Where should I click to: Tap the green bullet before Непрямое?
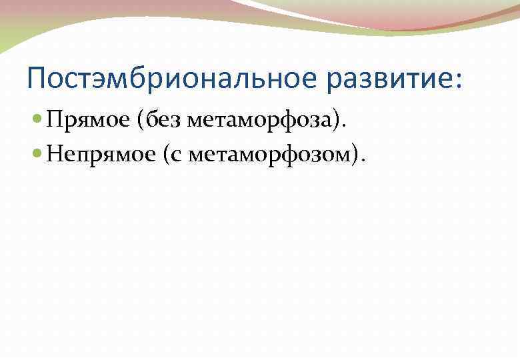point(37,155)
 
